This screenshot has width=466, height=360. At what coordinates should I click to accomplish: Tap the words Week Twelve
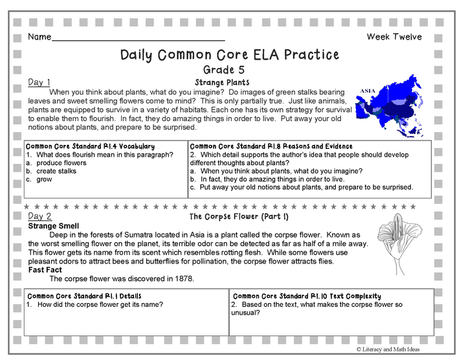click(x=394, y=37)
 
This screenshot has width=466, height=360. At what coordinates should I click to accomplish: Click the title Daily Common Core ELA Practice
click(x=230, y=54)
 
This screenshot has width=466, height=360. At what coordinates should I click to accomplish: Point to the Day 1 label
click(x=39, y=82)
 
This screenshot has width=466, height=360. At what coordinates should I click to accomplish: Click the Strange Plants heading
click(x=222, y=83)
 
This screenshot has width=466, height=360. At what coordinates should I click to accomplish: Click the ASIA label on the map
click(x=368, y=91)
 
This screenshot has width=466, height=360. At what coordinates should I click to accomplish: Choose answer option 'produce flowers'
click(x=61, y=163)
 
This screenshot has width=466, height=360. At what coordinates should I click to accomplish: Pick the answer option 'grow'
click(x=44, y=179)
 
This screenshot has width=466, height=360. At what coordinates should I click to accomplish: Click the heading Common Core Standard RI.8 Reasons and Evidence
click(x=271, y=146)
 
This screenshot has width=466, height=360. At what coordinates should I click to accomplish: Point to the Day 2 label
click(x=40, y=216)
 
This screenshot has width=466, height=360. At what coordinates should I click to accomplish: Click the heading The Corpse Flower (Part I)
click(x=239, y=216)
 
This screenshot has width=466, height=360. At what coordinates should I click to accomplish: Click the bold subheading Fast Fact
click(x=46, y=270)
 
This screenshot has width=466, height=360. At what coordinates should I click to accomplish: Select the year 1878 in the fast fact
click(x=184, y=279)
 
